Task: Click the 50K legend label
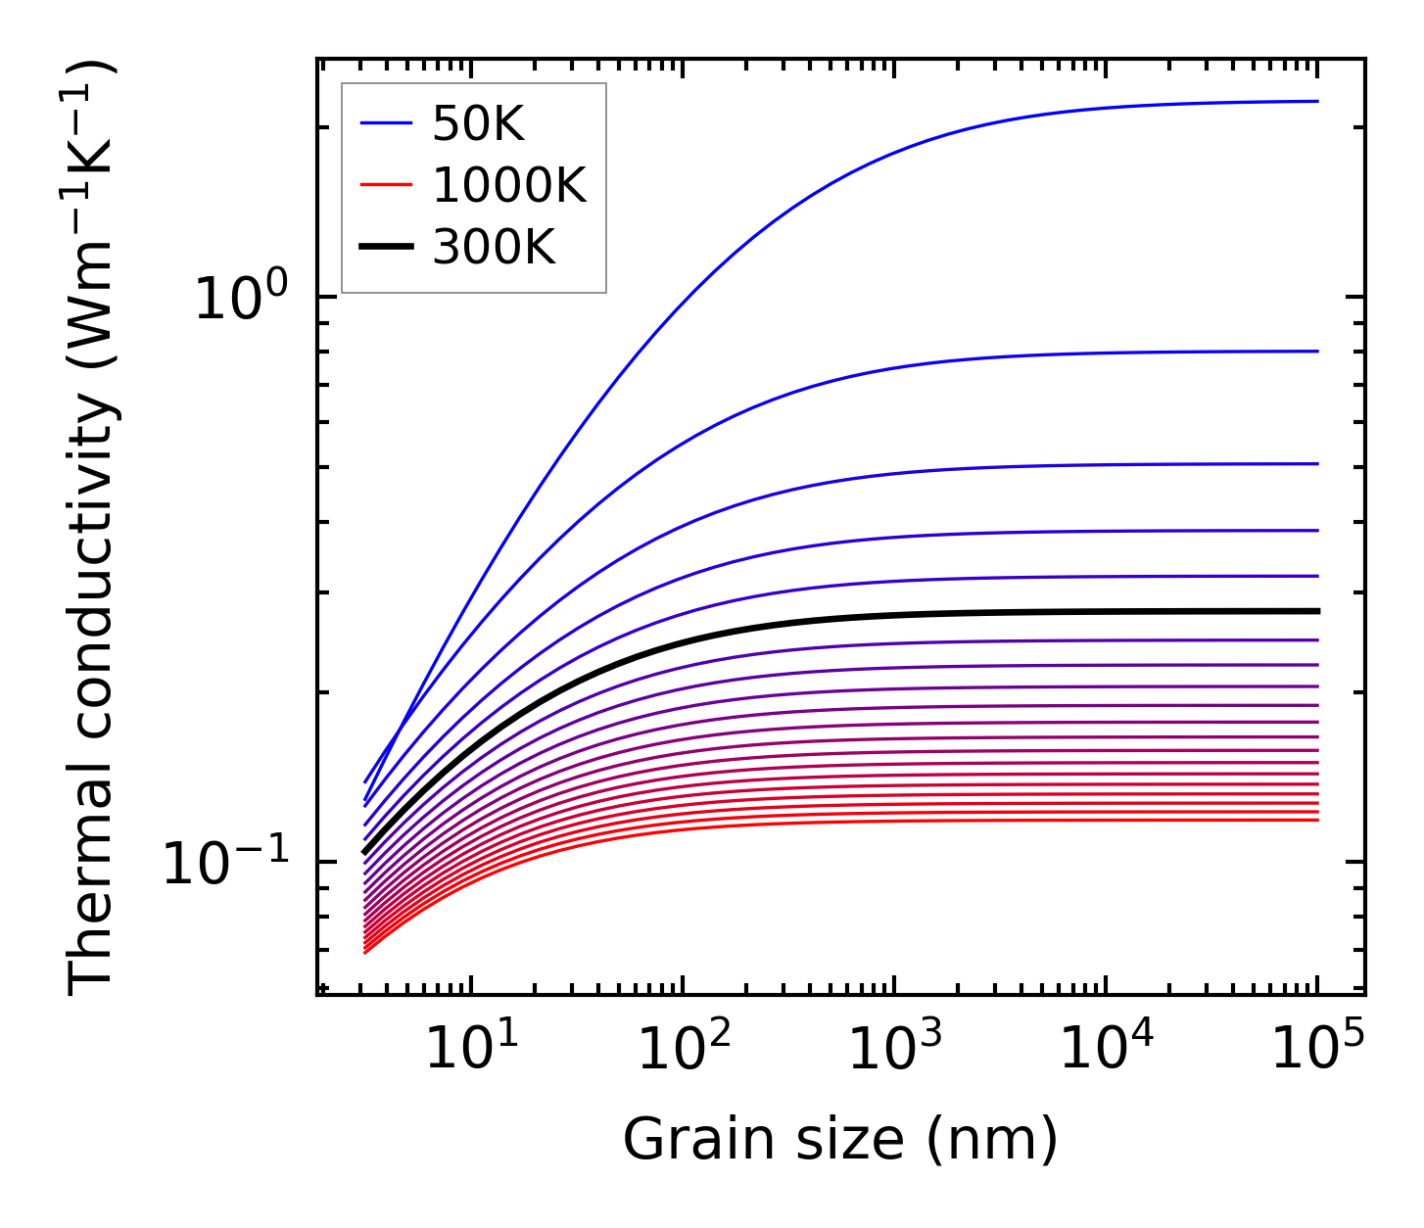478,124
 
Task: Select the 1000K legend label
509,185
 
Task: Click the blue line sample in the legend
387,123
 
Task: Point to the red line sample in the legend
387,185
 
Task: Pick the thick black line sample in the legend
387,247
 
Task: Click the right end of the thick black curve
1317,611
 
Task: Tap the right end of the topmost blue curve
1317,101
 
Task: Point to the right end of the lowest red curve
1317,819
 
